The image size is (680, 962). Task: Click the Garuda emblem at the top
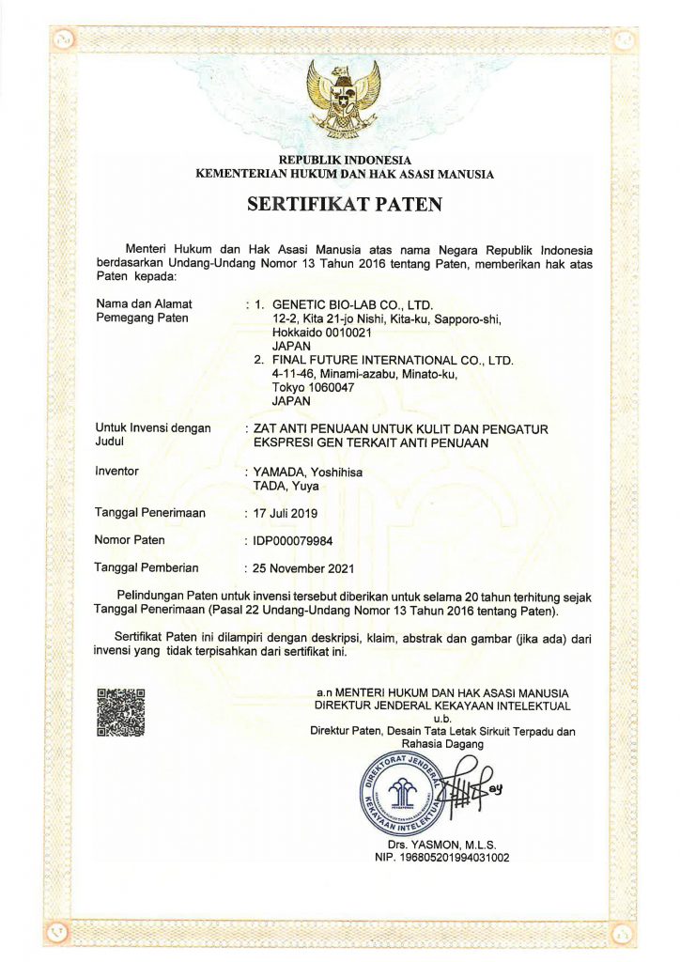click(x=344, y=98)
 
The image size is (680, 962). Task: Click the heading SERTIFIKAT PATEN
click(x=344, y=204)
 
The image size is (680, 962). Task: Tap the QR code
click(x=122, y=712)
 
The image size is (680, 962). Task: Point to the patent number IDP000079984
click(x=293, y=540)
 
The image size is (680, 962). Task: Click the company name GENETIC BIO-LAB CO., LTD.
click(x=352, y=304)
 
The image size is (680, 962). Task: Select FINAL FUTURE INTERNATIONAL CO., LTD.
click(x=393, y=360)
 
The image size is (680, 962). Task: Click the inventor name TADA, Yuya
click(x=286, y=486)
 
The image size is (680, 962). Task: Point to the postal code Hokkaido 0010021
click(x=322, y=332)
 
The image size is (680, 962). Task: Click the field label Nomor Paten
click(x=130, y=540)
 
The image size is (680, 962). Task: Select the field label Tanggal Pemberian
click(x=147, y=568)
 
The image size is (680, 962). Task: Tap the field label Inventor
click(x=117, y=472)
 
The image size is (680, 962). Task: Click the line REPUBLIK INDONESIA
click(x=345, y=161)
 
